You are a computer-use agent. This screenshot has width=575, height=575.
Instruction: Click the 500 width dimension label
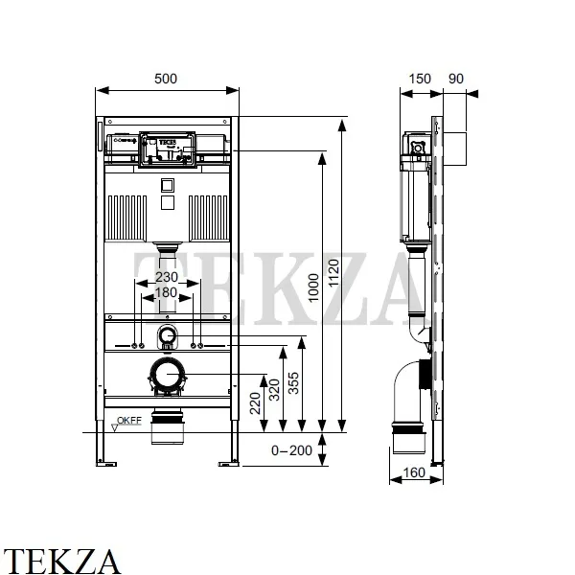(166, 79)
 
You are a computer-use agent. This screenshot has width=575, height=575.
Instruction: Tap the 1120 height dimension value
(333, 273)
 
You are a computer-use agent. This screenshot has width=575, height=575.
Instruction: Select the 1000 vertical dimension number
(313, 287)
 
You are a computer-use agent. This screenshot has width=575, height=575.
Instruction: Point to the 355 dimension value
(293, 383)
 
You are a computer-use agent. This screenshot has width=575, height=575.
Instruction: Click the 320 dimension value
(275, 390)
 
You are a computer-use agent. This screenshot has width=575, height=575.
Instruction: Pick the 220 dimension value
(255, 403)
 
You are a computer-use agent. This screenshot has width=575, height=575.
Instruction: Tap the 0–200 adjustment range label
(291, 450)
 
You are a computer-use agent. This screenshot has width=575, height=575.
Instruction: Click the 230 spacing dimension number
(167, 277)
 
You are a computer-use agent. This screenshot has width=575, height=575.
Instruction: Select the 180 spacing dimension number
(167, 292)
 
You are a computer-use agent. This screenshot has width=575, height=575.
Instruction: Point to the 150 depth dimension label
(420, 79)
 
